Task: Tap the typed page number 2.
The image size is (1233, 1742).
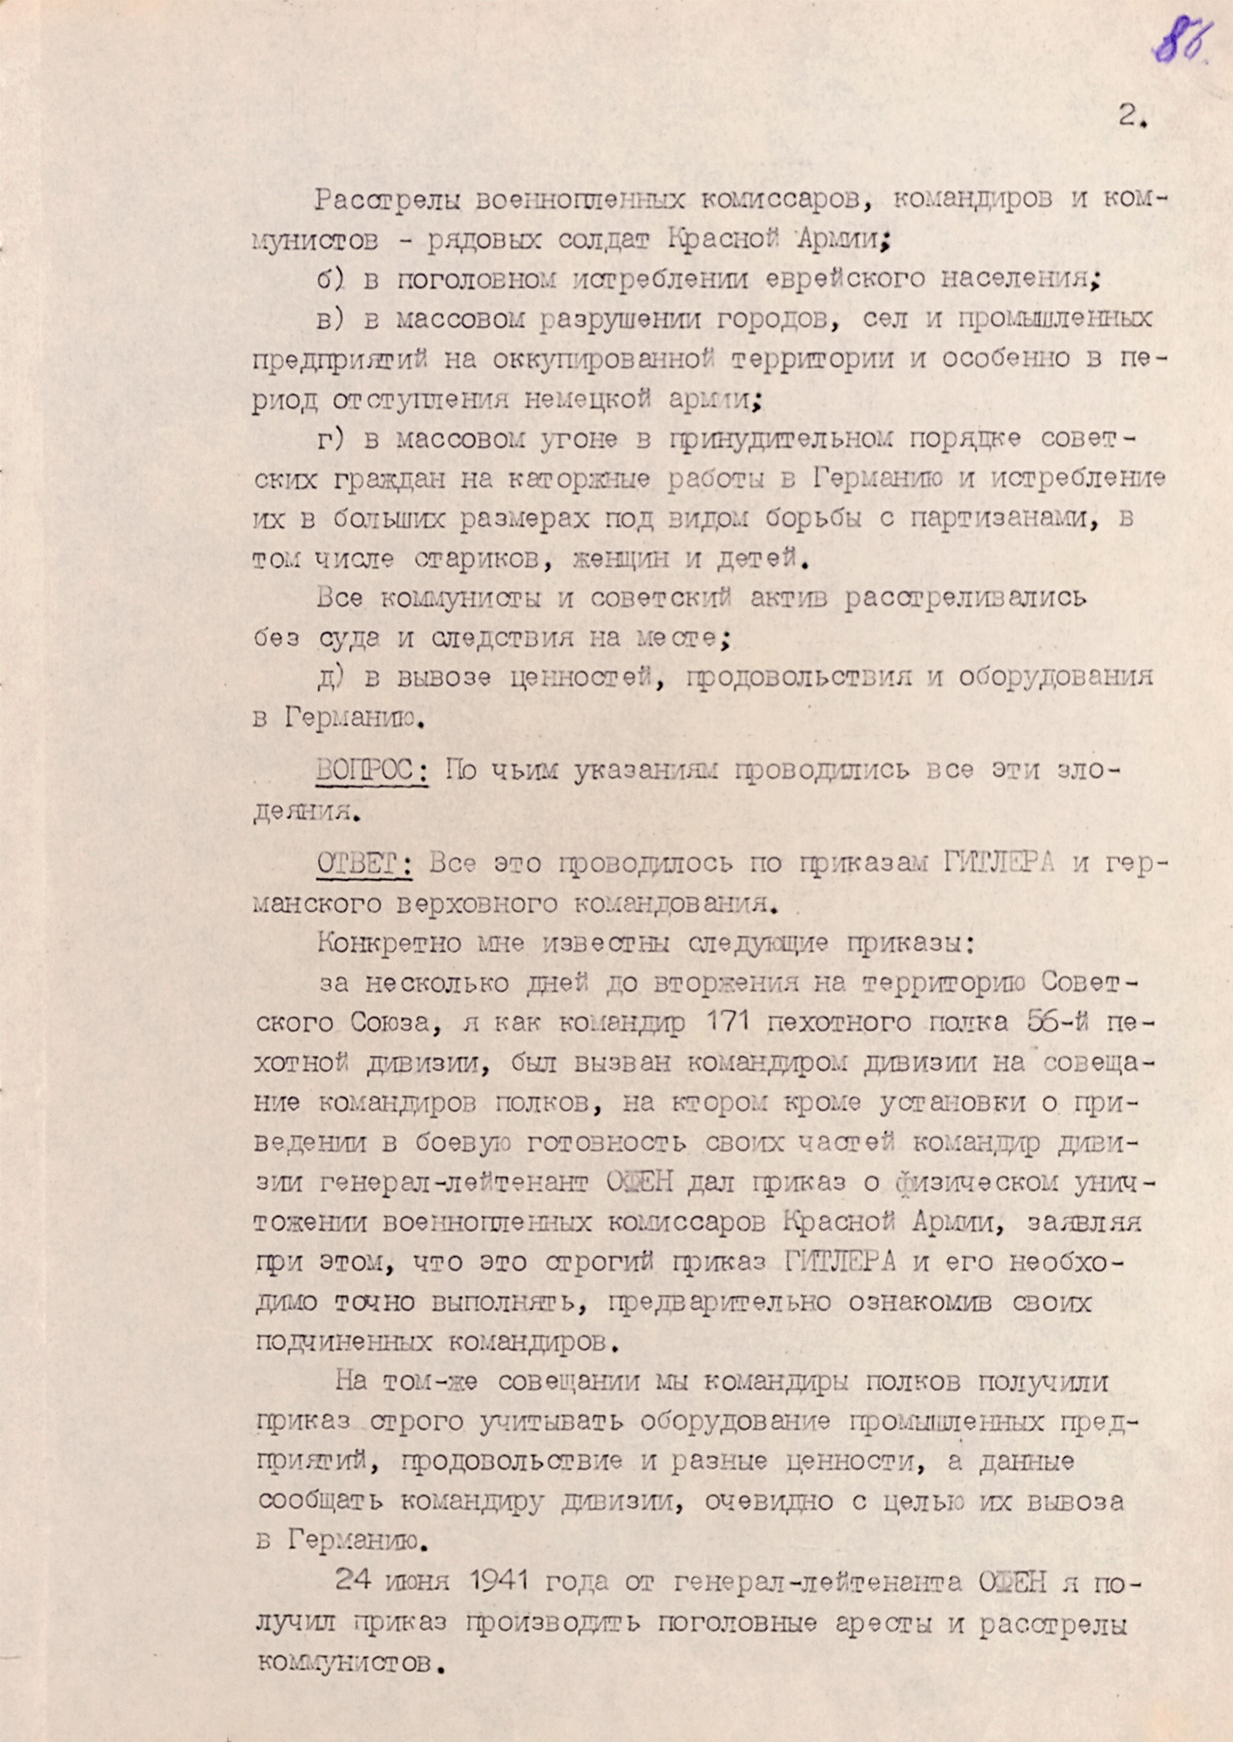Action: coord(1131,117)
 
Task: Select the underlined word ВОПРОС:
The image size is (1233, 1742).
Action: coord(371,771)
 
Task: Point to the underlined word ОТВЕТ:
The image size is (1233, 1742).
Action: coord(363,863)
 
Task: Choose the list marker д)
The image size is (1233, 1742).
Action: coord(332,678)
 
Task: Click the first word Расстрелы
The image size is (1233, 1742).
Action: coord(389,199)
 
